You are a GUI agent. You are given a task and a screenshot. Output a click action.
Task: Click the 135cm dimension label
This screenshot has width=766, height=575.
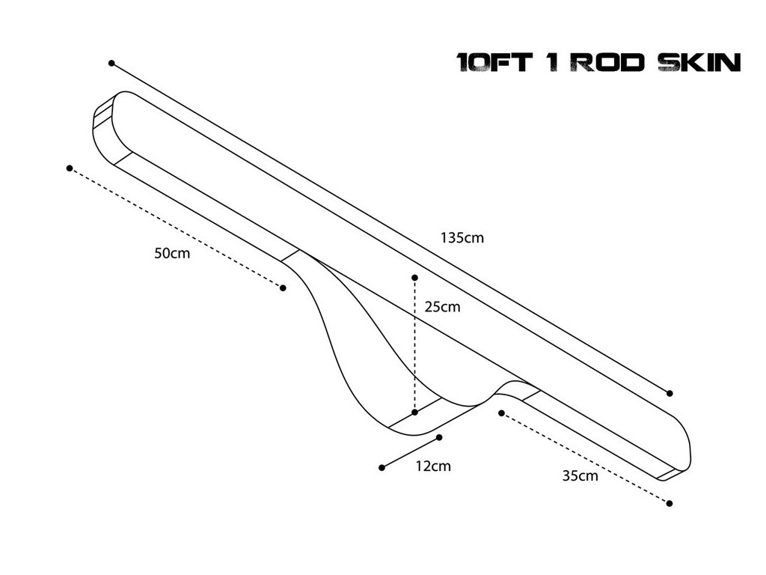462,239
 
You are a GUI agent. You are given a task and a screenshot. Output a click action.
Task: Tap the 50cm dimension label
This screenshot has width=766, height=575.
172,253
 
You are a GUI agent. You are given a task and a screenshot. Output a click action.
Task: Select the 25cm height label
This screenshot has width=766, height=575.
442,307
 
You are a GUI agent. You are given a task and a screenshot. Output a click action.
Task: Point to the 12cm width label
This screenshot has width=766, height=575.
433,466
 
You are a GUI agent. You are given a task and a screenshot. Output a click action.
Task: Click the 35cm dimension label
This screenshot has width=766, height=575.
580,475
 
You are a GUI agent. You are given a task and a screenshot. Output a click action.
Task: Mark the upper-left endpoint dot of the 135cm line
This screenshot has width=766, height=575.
111,64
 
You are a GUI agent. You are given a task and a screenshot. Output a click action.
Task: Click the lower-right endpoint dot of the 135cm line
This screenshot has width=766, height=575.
670,393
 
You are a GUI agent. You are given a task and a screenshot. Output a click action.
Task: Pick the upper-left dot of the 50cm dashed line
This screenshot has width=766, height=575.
70,168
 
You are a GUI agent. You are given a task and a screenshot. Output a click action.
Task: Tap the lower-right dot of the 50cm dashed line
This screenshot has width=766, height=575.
283,288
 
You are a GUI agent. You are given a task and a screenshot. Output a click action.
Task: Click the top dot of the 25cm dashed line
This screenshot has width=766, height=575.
414,278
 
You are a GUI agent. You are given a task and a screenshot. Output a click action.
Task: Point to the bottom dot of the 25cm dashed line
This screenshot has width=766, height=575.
414,413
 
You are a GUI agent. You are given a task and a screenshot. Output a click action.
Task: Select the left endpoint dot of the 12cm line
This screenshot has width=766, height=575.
382,468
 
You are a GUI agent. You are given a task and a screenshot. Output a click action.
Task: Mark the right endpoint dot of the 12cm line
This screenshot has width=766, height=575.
440,437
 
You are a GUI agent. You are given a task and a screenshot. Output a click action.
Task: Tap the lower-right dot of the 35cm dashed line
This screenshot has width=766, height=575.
670,504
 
